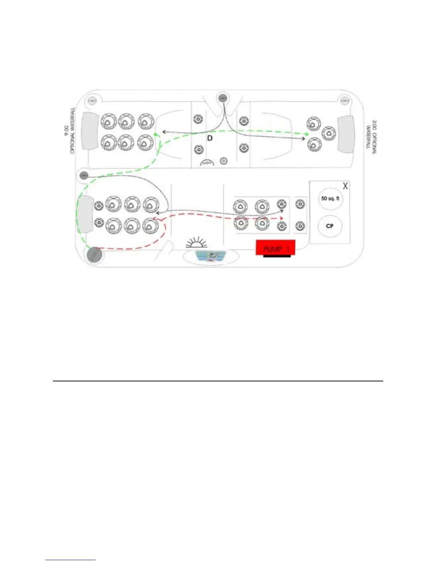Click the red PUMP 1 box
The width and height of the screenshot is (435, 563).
275,247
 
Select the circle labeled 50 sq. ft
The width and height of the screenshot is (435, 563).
330,199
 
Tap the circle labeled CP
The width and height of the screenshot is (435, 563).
329,226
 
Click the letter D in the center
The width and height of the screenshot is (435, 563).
210,138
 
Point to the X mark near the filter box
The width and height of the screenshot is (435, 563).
345,186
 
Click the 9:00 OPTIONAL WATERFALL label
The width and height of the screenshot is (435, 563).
70,130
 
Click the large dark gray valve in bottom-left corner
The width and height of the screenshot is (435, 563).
94,254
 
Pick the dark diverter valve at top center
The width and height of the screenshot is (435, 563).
223,98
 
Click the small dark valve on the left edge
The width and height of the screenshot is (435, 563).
84,175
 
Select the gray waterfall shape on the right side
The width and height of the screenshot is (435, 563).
346,133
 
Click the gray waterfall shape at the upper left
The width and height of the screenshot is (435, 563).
90,130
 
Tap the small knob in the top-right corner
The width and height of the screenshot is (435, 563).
344,101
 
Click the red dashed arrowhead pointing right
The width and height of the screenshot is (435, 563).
281,218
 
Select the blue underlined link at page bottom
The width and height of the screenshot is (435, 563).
70,560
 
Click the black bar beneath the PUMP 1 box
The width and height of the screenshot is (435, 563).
277,256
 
